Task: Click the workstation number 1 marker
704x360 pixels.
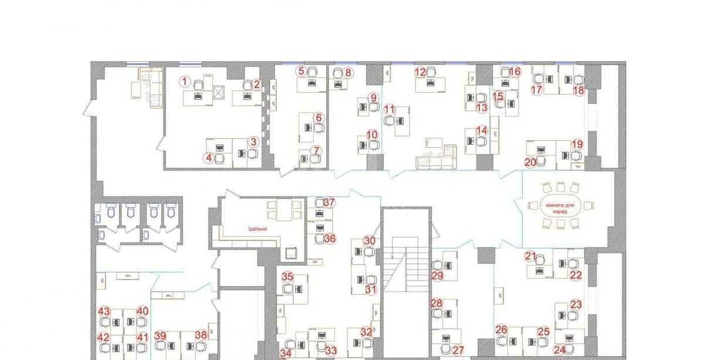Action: [x=185, y=81]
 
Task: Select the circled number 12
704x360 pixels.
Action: [x=420, y=73]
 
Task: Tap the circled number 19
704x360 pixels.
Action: [x=577, y=144]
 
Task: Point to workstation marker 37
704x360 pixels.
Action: [x=330, y=203]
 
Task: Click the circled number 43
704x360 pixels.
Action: [x=104, y=311]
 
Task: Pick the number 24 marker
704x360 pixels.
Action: [x=560, y=350]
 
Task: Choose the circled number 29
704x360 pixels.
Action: [x=437, y=276]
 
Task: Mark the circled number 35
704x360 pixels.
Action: [x=287, y=277]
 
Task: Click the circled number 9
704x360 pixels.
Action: [x=374, y=97]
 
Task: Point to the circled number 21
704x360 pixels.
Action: [x=530, y=256]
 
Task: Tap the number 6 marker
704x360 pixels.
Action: [x=319, y=117]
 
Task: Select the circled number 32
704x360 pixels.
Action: [x=366, y=332]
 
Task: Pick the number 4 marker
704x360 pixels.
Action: [x=209, y=157]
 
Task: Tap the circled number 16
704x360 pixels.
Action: [x=515, y=72]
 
